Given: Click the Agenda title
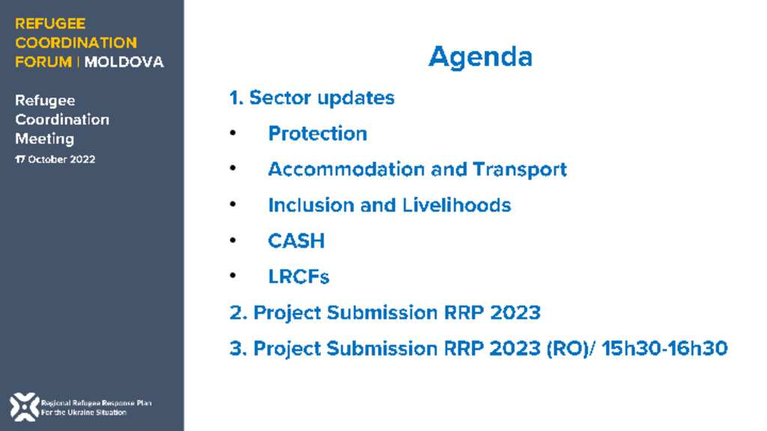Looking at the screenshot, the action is pyautogui.click(x=480, y=58).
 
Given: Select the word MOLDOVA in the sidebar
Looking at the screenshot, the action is pyautogui.click(x=124, y=62).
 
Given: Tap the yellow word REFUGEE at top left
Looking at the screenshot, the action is pyautogui.click(x=50, y=23).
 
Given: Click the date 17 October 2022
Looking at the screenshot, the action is pyautogui.click(x=55, y=159).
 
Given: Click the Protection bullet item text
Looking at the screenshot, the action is pyautogui.click(x=318, y=133).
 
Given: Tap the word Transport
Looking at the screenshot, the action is pyautogui.click(x=520, y=170).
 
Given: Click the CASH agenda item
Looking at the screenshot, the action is pyautogui.click(x=297, y=241).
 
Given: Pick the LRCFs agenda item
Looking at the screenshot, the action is pyautogui.click(x=298, y=277).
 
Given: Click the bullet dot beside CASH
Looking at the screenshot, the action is pyautogui.click(x=233, y=240).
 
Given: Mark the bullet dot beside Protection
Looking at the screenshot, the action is pyautogui.click(x=233, y=132).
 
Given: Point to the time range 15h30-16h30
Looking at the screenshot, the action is pyautogui.click(x=664, y=349).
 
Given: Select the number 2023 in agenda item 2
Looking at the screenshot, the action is pyautogui.click(x=515, y=313).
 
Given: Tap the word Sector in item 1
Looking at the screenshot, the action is pyautogui.click(x=280, y=98).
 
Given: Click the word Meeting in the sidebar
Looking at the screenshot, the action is pyautogui.click(x=44, y=139).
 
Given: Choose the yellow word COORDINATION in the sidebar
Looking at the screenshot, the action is pyautogui.click(x=76, y=43).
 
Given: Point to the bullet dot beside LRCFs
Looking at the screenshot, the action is pyautogui.click(x=233, y=275).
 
